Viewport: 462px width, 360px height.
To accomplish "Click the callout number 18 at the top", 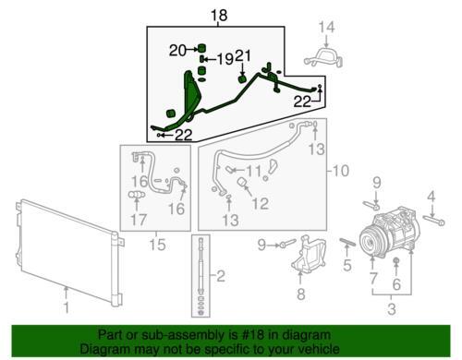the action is click(x=219, y=16).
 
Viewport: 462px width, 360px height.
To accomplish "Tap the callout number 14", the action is click(x=326, y=27).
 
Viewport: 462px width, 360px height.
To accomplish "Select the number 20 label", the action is click(x=178, y=51).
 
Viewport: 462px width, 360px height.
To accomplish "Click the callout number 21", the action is click(x=243, y=56).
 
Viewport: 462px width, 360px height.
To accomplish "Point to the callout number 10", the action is click(x=340, y=171).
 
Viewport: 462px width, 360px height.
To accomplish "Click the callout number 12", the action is click(x=261, y=203).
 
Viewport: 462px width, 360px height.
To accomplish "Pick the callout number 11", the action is click(x=254, y=171).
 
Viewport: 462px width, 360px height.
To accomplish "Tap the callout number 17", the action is click(x=139, y=220).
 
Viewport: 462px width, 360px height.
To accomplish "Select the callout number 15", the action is click(x=157, y=245).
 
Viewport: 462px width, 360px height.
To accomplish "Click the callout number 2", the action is click(x=221, y=276).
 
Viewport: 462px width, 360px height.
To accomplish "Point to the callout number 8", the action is click(x=301, y=294).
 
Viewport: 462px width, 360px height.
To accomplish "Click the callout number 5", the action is click(x=347, y=265).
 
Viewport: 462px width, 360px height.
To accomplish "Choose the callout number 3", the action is click(x=392, y=308).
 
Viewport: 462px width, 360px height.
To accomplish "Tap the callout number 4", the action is click(x=432, y=197).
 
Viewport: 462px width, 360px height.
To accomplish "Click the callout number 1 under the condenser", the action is click(x=67, y=307).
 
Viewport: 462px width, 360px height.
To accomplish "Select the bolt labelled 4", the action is click(x=434, y=221).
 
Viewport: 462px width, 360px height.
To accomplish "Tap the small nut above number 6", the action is click(x=396, y=261).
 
